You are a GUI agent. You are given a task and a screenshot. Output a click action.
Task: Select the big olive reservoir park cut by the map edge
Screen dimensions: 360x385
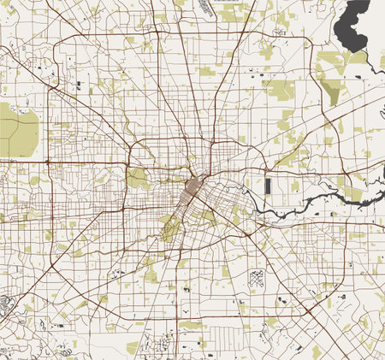coord(18,128)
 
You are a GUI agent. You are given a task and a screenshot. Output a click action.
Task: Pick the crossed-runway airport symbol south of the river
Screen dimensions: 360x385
coord(257,277)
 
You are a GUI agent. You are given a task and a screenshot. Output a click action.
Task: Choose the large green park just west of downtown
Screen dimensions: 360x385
coord(137,178)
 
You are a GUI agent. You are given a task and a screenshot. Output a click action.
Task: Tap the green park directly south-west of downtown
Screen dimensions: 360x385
coord(170,227)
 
